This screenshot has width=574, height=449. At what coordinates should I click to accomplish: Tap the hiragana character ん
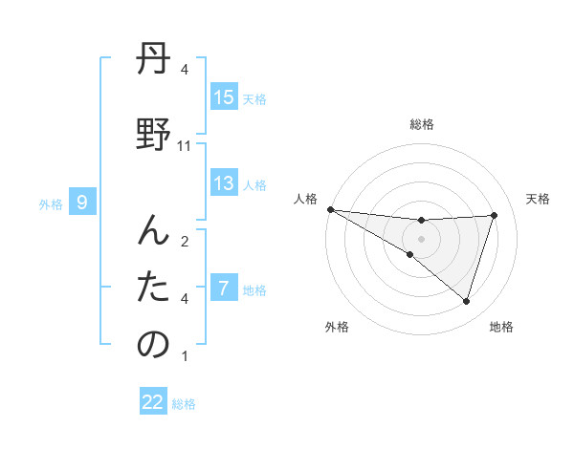pos(153,227)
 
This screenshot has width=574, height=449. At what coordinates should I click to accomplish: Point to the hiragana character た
pos(153,287)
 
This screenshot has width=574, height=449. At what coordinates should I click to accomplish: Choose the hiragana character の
pos(153,344)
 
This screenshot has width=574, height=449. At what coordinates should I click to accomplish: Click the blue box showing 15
pos(224,97)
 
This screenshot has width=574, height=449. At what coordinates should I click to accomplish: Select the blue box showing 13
pos(224,183)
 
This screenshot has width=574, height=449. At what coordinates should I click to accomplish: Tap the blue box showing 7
pos(224,289)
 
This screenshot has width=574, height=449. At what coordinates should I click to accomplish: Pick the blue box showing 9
pos(83,202)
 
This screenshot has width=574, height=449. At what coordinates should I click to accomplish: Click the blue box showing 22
pos(153,402)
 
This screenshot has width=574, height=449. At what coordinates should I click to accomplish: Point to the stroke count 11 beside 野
pos(185,146)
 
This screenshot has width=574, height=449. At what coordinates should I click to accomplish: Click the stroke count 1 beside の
pos(185,357)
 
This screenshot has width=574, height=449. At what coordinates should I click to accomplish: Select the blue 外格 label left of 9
pos(51,203)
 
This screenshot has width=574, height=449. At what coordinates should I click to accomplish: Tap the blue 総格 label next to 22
pos(184,403)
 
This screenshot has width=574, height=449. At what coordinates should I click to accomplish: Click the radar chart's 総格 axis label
pos(421,124)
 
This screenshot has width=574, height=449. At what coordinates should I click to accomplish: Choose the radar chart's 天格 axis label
pos(539,199)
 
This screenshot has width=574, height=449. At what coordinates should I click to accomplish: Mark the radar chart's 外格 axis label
pos(336,327)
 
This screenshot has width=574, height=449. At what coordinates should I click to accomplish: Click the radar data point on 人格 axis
pos(330,208)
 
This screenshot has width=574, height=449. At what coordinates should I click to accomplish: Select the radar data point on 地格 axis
pos(466,301)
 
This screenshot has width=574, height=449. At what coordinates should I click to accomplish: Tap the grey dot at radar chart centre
pos(421,238)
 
